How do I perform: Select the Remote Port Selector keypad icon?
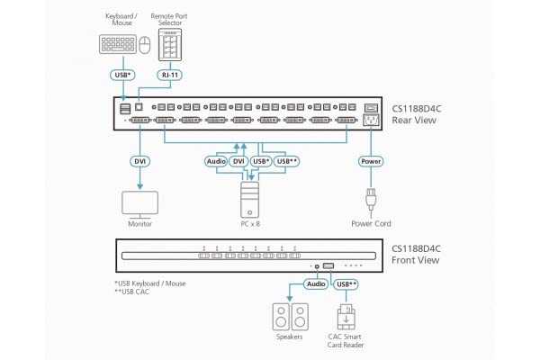(x=169, y=43)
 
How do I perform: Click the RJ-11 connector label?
(x=169, y=76)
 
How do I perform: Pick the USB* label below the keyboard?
(x=123, y=76)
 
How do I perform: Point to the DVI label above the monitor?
(x=139, y=161)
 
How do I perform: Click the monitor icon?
(x=139, y=200)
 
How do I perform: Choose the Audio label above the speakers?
(x=315, y=285)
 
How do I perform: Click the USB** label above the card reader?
(x=346, y=285)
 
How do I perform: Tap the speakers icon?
(x=290, y=317)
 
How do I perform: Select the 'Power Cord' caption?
(x=371, y=223)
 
